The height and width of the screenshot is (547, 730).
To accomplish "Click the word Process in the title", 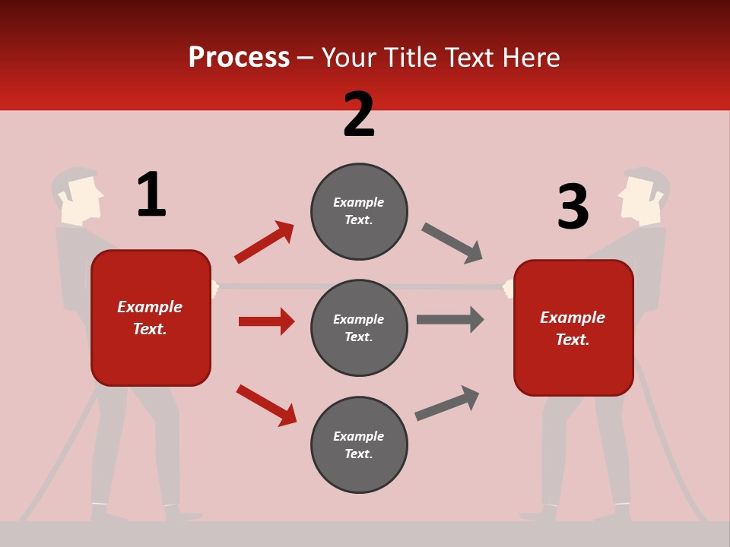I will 239,58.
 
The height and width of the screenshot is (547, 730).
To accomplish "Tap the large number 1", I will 151,194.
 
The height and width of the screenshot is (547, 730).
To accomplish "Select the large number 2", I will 359,114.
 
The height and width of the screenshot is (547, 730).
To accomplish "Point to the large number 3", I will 573,207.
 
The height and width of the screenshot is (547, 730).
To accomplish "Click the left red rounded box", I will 151,318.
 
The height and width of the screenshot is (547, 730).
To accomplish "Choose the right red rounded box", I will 573,327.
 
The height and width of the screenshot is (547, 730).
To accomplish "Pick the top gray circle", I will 359,211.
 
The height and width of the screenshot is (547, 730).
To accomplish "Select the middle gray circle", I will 359,327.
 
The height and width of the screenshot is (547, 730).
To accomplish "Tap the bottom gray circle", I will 359,444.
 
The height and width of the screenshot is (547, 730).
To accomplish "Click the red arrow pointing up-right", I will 264,242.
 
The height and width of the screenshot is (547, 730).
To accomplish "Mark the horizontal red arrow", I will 266,321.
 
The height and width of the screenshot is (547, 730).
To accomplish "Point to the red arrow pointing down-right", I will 266,405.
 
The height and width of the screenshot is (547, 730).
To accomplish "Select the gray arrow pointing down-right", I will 452,242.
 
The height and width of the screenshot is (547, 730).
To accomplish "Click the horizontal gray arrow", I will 450,320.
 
